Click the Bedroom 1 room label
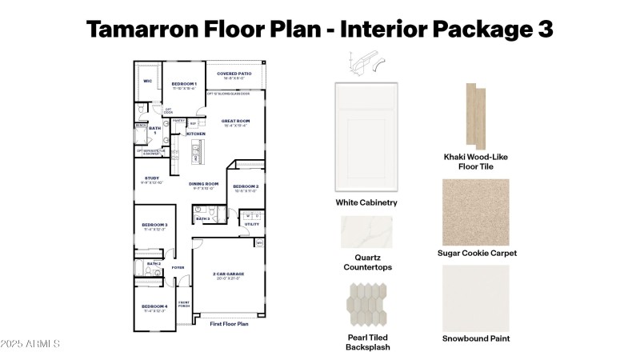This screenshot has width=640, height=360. coord(184,84)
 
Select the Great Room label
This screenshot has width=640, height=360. coord(236,121)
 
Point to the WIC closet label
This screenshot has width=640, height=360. coord(147,82)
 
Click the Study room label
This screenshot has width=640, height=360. coord(151,178)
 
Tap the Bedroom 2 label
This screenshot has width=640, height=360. coord(244,186)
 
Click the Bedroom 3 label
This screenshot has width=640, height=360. coord(154,225)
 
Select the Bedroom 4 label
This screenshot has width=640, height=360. coord(154,306)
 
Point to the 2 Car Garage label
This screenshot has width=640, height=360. coord(229,274)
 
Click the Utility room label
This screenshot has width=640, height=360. coord(250,224)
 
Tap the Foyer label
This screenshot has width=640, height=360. coord(178,267)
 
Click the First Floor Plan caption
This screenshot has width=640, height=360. coord(229,324)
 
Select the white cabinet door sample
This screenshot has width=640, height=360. coord(366,137)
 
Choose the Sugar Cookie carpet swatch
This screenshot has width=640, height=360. coord(476,212)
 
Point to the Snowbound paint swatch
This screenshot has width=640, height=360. coord(476,298)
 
